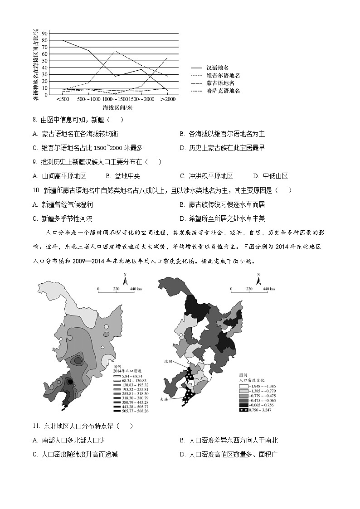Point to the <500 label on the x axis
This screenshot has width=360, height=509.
(x=63, y=99)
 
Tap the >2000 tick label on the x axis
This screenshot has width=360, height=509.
(x=168, y=99)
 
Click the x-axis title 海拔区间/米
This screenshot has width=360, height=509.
(x=117, y=107)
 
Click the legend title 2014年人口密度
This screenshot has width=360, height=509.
(x=125, y=371)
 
